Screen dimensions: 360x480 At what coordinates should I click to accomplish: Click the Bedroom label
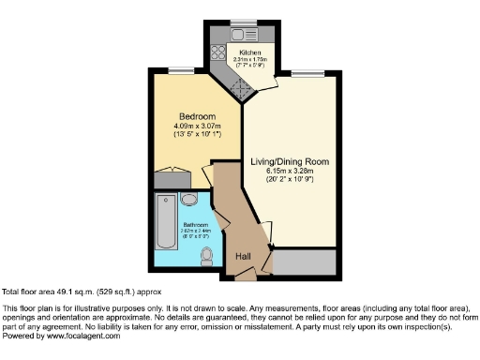pyautogui.click(x=191, y=116)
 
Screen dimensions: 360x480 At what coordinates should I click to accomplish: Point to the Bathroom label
pyautogui.click(x=195, y=225)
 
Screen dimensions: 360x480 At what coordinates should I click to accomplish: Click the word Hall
pyautogui.click(x=242, y=257)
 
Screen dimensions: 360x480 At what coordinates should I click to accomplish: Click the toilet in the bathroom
pyautogui.click(x=206, y=254)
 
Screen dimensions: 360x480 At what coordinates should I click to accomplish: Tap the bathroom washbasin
pyautogui.click(x=187, y=200)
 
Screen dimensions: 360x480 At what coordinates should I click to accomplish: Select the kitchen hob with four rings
pyautogui.click(x=215, y=53)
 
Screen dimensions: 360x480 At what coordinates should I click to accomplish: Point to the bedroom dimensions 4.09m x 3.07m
pyautogui.click(x=190, y=127)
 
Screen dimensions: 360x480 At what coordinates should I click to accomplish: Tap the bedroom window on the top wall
pyautogui.click(x=174, y=69)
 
